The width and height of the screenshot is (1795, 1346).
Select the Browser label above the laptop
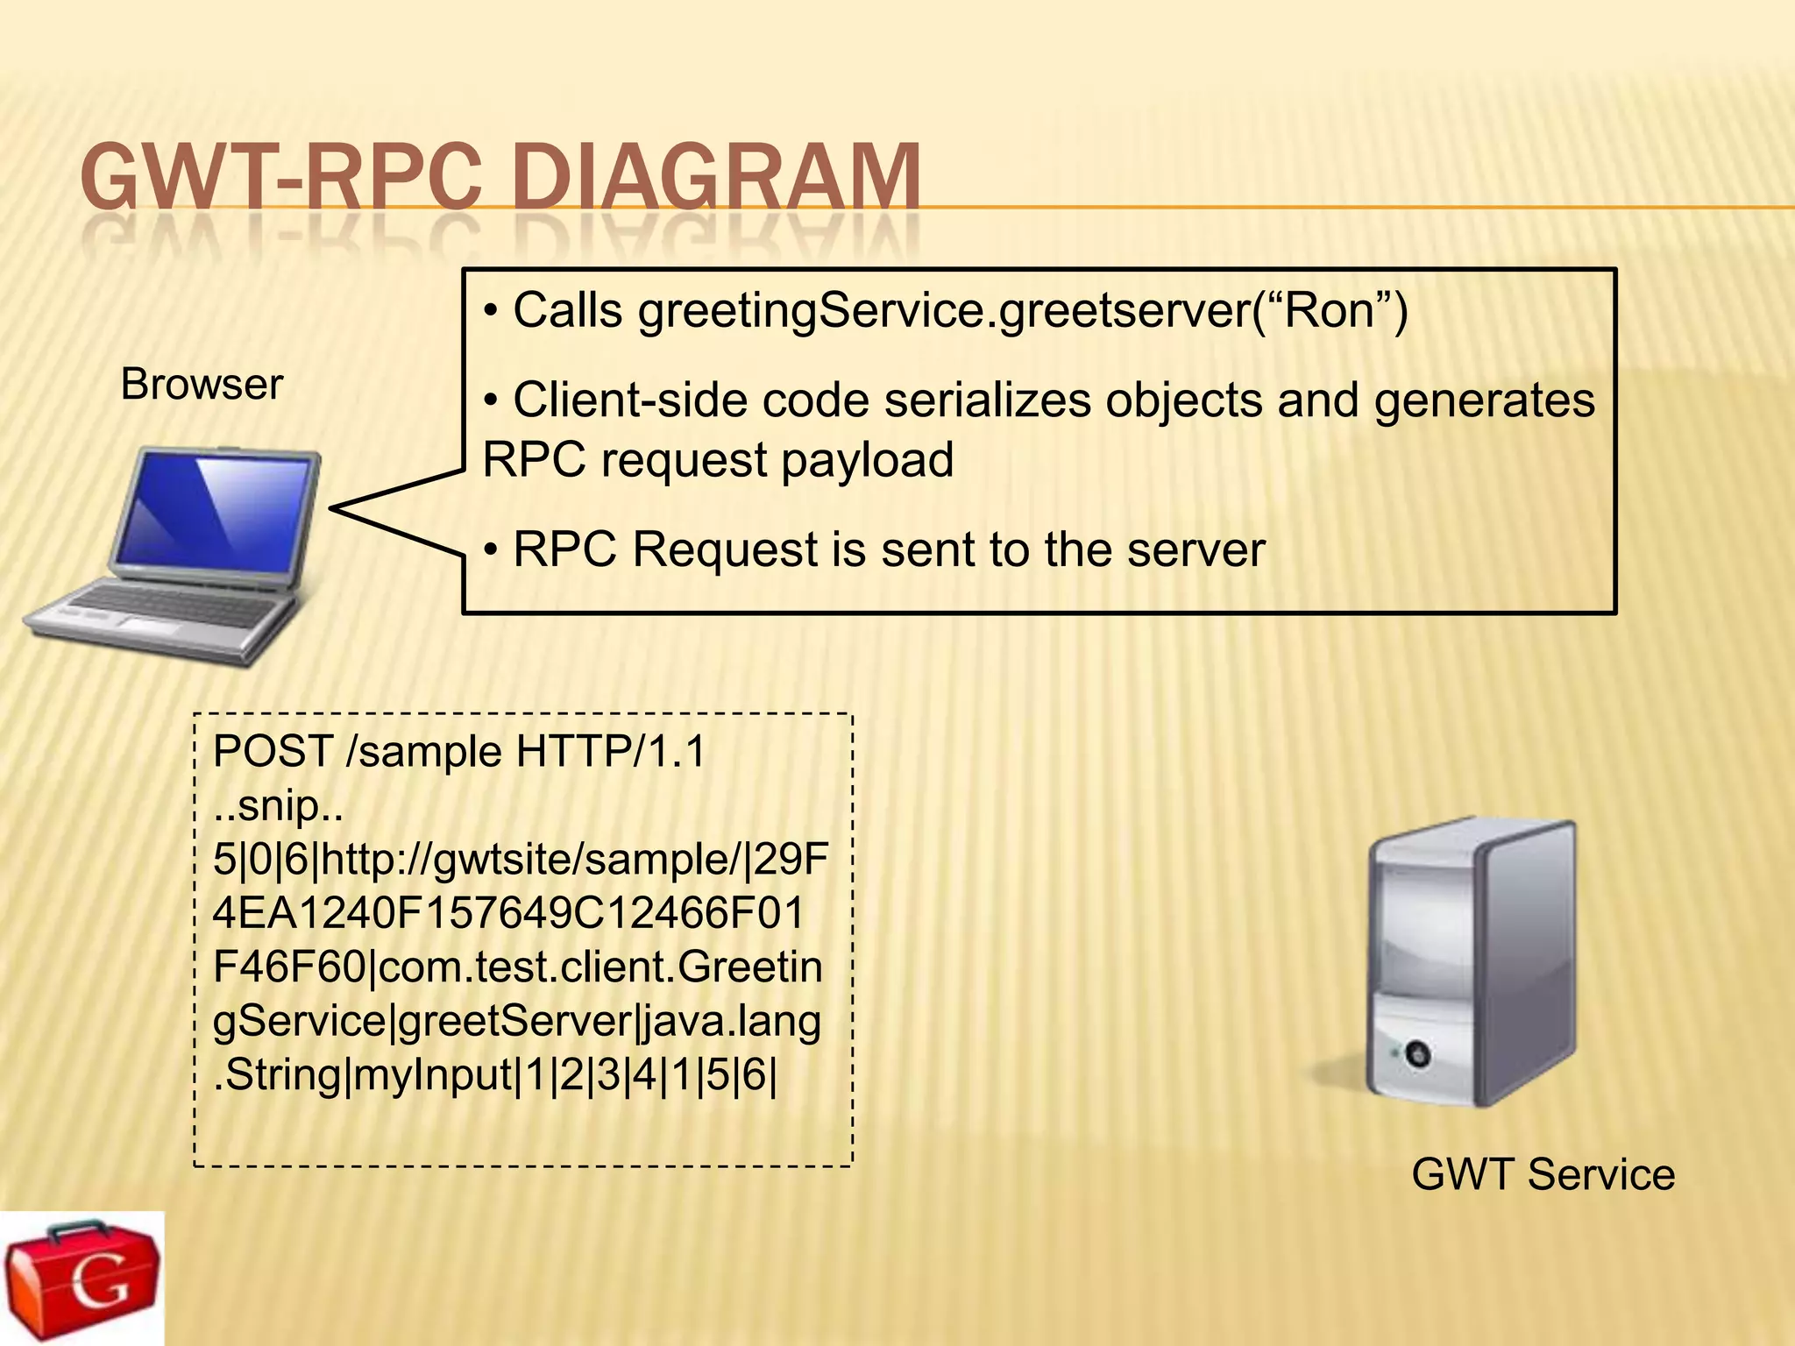[x=202, y=385]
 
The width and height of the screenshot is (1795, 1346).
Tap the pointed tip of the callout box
[x=334, y=507]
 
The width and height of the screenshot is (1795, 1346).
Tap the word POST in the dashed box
[x=273, y=752]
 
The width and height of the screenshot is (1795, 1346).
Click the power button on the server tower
[x=1417, y=1052]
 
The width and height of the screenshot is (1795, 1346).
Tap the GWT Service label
[x=1543, y=1175]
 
